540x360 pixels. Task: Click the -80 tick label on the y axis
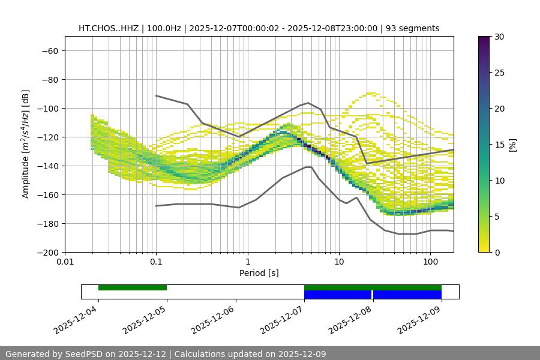(49, 79)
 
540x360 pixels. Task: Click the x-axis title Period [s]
(259, 273)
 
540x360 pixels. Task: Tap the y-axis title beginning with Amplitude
(26, 144)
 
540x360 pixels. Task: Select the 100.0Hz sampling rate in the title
(163, 28)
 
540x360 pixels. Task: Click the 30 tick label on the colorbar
(499, 37)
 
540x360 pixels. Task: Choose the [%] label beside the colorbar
(512, 145)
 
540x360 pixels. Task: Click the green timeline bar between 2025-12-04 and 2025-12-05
(133, 287)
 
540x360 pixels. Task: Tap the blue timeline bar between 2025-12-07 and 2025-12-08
(338, 295)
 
